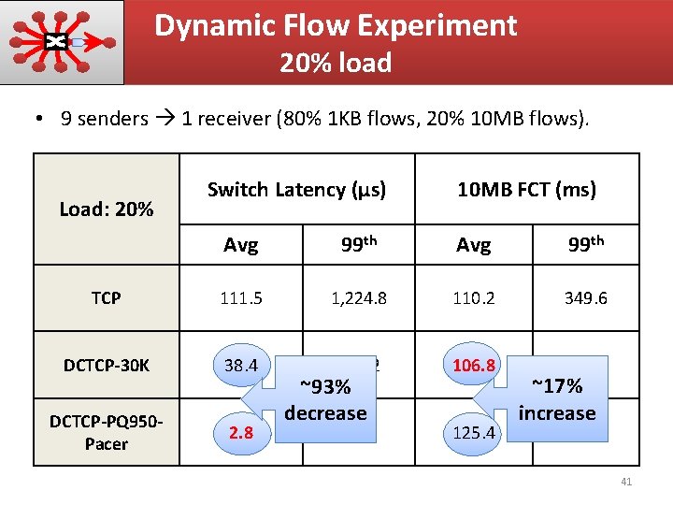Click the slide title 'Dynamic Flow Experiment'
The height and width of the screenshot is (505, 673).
pyautogui.click(x=336, y=25)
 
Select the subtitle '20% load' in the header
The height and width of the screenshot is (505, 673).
pyautogui.click(x=336, y=64)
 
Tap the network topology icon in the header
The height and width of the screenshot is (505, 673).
pyautogui.click(x=62, y=42)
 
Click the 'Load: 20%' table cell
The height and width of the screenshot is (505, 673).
pyautogui.click(x=106, y=209)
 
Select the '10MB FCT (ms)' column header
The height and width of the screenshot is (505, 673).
pyautogui.click(x=526, y=190)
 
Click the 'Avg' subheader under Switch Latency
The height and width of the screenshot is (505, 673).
pyautogui.click(x=241, y=245)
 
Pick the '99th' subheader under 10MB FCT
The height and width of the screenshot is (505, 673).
pyautogui.click(x=586, y=245)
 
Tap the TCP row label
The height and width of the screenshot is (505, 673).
pyautogui.click(x=106, y=298)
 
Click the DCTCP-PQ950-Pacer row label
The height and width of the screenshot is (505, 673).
pyautogui.click(x=106, y=431)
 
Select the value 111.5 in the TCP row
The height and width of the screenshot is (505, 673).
pyautogui.click(x=241, y=298)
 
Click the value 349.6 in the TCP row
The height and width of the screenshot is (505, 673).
pyautogui.click(x=586, y=298)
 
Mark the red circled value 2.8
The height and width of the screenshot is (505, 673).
pyautogui.click(x=241, y=432)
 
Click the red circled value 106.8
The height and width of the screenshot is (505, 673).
pyautogui.click(x=473, y=363)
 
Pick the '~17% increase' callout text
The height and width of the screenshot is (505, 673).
pyautogui.click(x=557, y=399)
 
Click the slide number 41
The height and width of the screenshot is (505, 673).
pyautogui.click(x=626, y=482)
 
